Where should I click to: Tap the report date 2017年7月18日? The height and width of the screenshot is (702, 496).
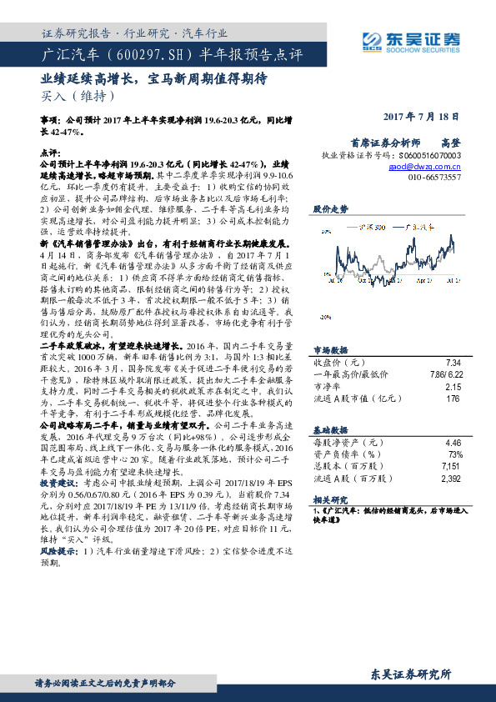tap(420, 118)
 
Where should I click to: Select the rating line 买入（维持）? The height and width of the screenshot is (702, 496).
tap(74, 96)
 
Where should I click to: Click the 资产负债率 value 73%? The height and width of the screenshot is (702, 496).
tap(455, 454)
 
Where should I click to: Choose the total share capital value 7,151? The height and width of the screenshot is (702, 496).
tap(450, 466)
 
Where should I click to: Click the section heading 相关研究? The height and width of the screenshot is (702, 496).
tap(328, 499)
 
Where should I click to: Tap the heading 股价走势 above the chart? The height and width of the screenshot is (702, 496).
tap(328, 208)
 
